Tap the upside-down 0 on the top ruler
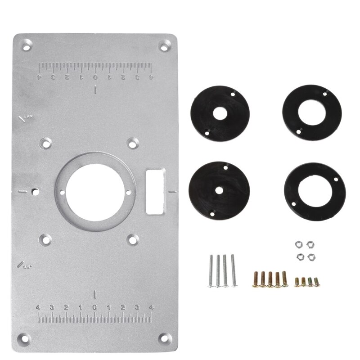[x=95, y=77]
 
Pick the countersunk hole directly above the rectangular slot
[x=132, y=143]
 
